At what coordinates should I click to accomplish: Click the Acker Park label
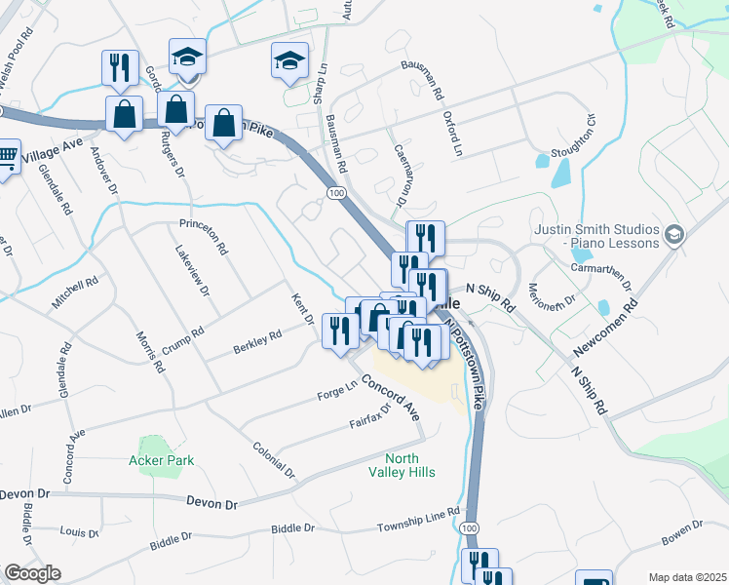coord(162,460)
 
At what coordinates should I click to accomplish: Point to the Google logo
coord(31,572)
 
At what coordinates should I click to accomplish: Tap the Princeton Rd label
coord(203,236)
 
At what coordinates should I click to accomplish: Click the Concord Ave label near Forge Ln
coord(391,398)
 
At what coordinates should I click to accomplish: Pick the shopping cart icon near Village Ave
coord(6,156)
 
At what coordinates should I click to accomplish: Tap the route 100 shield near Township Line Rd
coord(471,527)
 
